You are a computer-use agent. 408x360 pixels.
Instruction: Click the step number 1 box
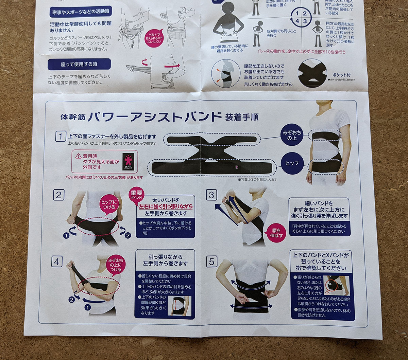pos(61,137)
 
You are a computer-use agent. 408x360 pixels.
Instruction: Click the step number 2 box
pos(58,195)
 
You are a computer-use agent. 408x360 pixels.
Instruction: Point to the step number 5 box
pos(211,262)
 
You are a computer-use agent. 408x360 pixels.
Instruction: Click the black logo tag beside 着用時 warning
pos(128,162)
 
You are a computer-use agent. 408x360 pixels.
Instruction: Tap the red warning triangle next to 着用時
pos(78,156)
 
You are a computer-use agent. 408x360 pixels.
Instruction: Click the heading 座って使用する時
pos(79,64)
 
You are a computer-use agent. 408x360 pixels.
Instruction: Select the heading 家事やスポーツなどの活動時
pos(80,12)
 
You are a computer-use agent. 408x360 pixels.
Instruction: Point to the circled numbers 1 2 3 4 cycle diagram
pos(301,17)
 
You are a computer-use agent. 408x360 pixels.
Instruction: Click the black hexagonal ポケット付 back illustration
pos(312,73)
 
